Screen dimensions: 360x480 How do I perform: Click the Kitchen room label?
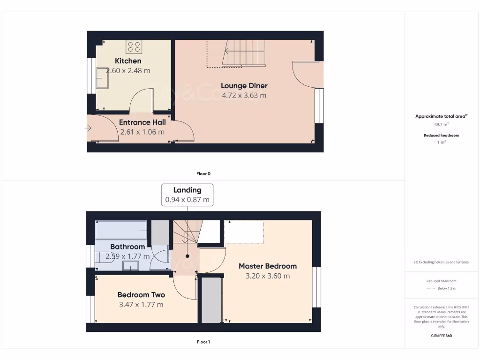[128, 61]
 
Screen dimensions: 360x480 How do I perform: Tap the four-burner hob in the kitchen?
[134, 47]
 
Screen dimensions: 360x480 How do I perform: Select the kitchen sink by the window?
[102, 77]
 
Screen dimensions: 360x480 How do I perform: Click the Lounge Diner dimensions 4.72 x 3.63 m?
[244, 96]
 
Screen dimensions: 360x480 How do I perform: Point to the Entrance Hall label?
[142, 122]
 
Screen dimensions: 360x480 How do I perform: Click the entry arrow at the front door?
[89, 128]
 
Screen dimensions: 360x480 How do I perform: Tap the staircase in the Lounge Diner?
[244, 52]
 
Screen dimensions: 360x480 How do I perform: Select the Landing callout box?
[187, 195]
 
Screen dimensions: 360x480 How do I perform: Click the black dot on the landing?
[187, 256]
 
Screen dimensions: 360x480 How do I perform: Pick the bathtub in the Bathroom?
[121, 230]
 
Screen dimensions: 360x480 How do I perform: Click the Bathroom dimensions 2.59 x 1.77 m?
[127, 256]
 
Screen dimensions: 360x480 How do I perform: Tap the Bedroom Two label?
[141, 295]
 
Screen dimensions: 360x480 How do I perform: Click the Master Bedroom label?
[267, 266]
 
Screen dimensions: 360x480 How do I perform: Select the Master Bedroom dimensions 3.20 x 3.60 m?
[267, 276]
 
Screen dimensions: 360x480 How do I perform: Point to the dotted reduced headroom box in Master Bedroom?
[244, 232]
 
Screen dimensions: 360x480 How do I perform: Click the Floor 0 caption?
[203, 174]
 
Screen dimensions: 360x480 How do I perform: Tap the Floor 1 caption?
[203, 342]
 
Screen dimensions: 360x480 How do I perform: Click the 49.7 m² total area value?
[441, 125]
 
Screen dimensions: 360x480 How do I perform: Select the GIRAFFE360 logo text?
[441, 336]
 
